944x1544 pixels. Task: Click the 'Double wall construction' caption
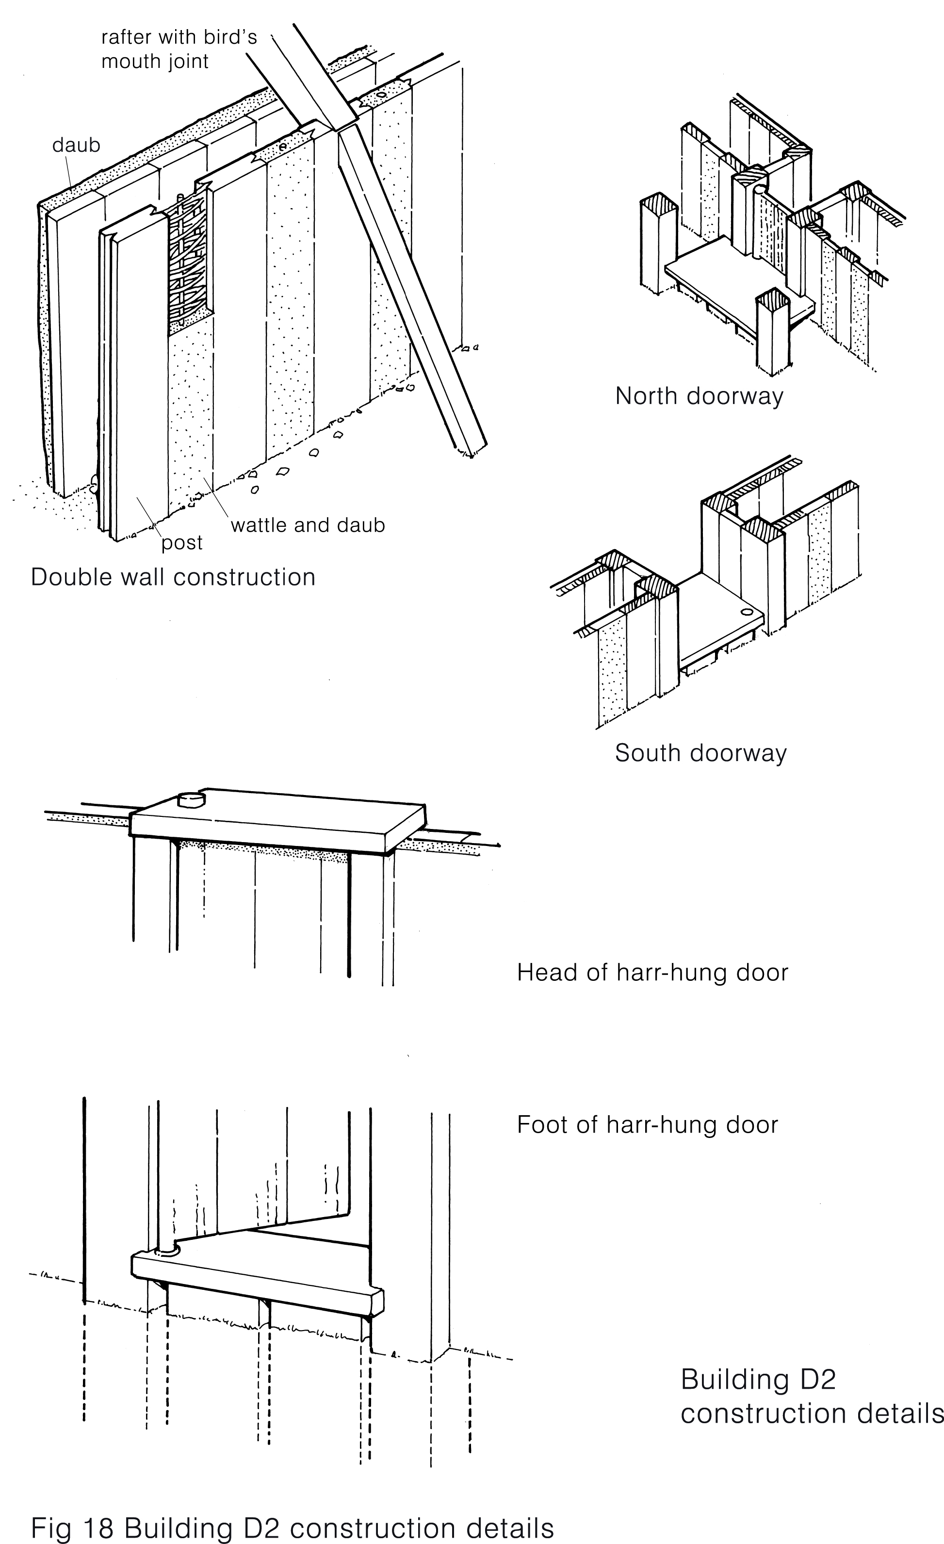pos(173,577)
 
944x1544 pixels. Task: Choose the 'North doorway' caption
pos(699,396)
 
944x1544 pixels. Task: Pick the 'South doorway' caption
pos(700,752)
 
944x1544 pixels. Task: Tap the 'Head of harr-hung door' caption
pos(652,972)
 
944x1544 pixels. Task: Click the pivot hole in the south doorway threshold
pos(746,612)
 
